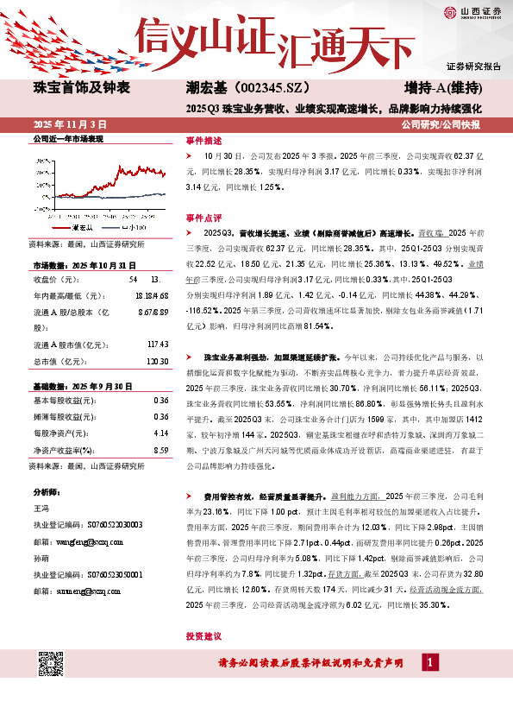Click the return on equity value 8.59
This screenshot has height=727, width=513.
click(160, 449)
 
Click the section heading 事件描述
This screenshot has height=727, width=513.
click(203, 139)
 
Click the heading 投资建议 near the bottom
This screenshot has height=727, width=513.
click(203, 635)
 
